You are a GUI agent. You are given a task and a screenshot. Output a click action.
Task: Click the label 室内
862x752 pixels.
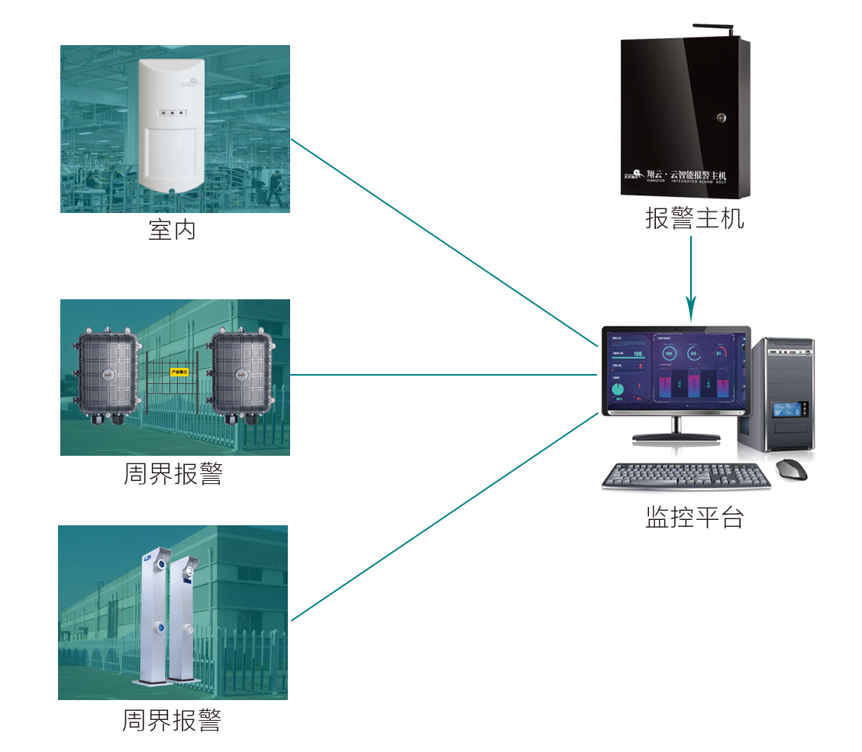[172, 230]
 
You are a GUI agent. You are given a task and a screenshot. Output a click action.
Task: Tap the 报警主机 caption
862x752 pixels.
[694, 219]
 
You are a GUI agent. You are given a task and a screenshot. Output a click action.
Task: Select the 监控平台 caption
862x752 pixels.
[694, 518]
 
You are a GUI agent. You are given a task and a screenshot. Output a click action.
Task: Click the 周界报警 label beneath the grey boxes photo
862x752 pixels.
[173, 474]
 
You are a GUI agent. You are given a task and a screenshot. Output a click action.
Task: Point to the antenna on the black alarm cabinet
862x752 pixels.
[713, 30]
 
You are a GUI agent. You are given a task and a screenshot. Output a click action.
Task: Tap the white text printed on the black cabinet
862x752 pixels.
[676, 176]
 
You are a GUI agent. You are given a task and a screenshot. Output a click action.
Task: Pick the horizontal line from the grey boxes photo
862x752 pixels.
[443, 375]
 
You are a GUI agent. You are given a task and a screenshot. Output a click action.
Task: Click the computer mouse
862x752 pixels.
[792, 469]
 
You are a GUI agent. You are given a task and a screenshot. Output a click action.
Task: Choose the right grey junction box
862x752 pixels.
[241, 376]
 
